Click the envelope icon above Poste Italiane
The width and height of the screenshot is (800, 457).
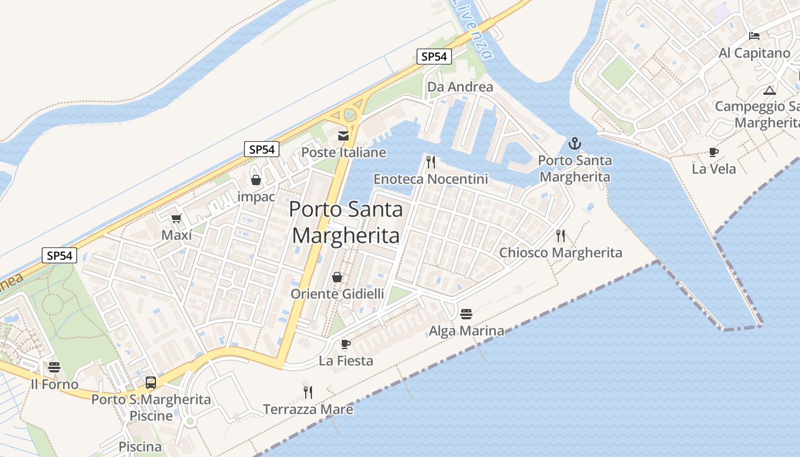coord(343,135)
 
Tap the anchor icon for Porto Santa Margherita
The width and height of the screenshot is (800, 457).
coord(575,143)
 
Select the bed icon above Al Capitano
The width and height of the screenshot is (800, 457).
coord(754,36)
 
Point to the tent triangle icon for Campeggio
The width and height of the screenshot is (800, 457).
coord(770,90)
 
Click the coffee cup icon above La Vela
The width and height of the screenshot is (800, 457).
coord(713,152)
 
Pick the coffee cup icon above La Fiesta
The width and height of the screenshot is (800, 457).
coord(345,344)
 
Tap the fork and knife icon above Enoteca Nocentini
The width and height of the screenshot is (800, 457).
coord(431,162)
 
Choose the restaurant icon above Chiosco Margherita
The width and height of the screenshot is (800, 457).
coord(561,235)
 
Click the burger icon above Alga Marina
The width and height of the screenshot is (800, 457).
coord(466,314)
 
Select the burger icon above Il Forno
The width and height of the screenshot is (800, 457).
coord(54,367)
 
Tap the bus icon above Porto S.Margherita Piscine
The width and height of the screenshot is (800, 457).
coord(151,382)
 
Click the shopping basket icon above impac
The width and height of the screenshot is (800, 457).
coord(256,180)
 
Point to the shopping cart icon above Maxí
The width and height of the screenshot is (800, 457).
coord(176,218)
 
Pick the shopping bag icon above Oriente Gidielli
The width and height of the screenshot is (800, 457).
coord(337,277)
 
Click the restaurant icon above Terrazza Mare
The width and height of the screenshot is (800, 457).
coord(308,392)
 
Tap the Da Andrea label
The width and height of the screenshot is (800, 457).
coord(460,87)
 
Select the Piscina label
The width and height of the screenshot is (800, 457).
coord(140,446)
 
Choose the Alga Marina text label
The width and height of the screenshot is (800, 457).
coord(466,331)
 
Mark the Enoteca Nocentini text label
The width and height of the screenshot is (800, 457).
coord(431,179)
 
